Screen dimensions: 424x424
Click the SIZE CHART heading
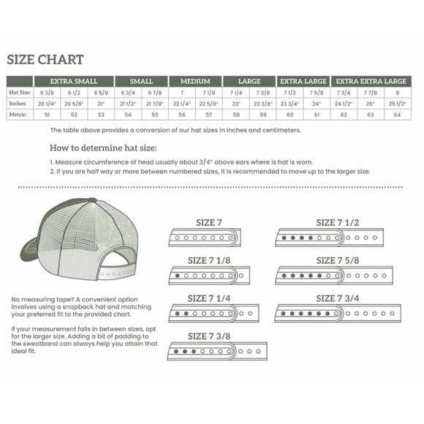pyautogui.click(x=45, y=59)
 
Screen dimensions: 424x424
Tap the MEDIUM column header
pyautogui.click(x=195, y=81)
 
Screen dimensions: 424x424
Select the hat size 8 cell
pyautogui.click(x=397, y=93)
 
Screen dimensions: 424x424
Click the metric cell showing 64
pyautogui.click(x=397, y=115)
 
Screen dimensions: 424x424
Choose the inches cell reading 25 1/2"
pyautogui.click(x=397, y=104)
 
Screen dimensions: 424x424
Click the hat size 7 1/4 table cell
pyautogui.click(x=236, y=93)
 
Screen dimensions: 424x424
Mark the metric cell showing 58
pyautogui.click(x=236, y=115)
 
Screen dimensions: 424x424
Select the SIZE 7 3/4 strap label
pyautogui.click(x=337, y=298)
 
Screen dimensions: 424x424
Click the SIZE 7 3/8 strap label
pyautogui.click(x=209, y=336)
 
